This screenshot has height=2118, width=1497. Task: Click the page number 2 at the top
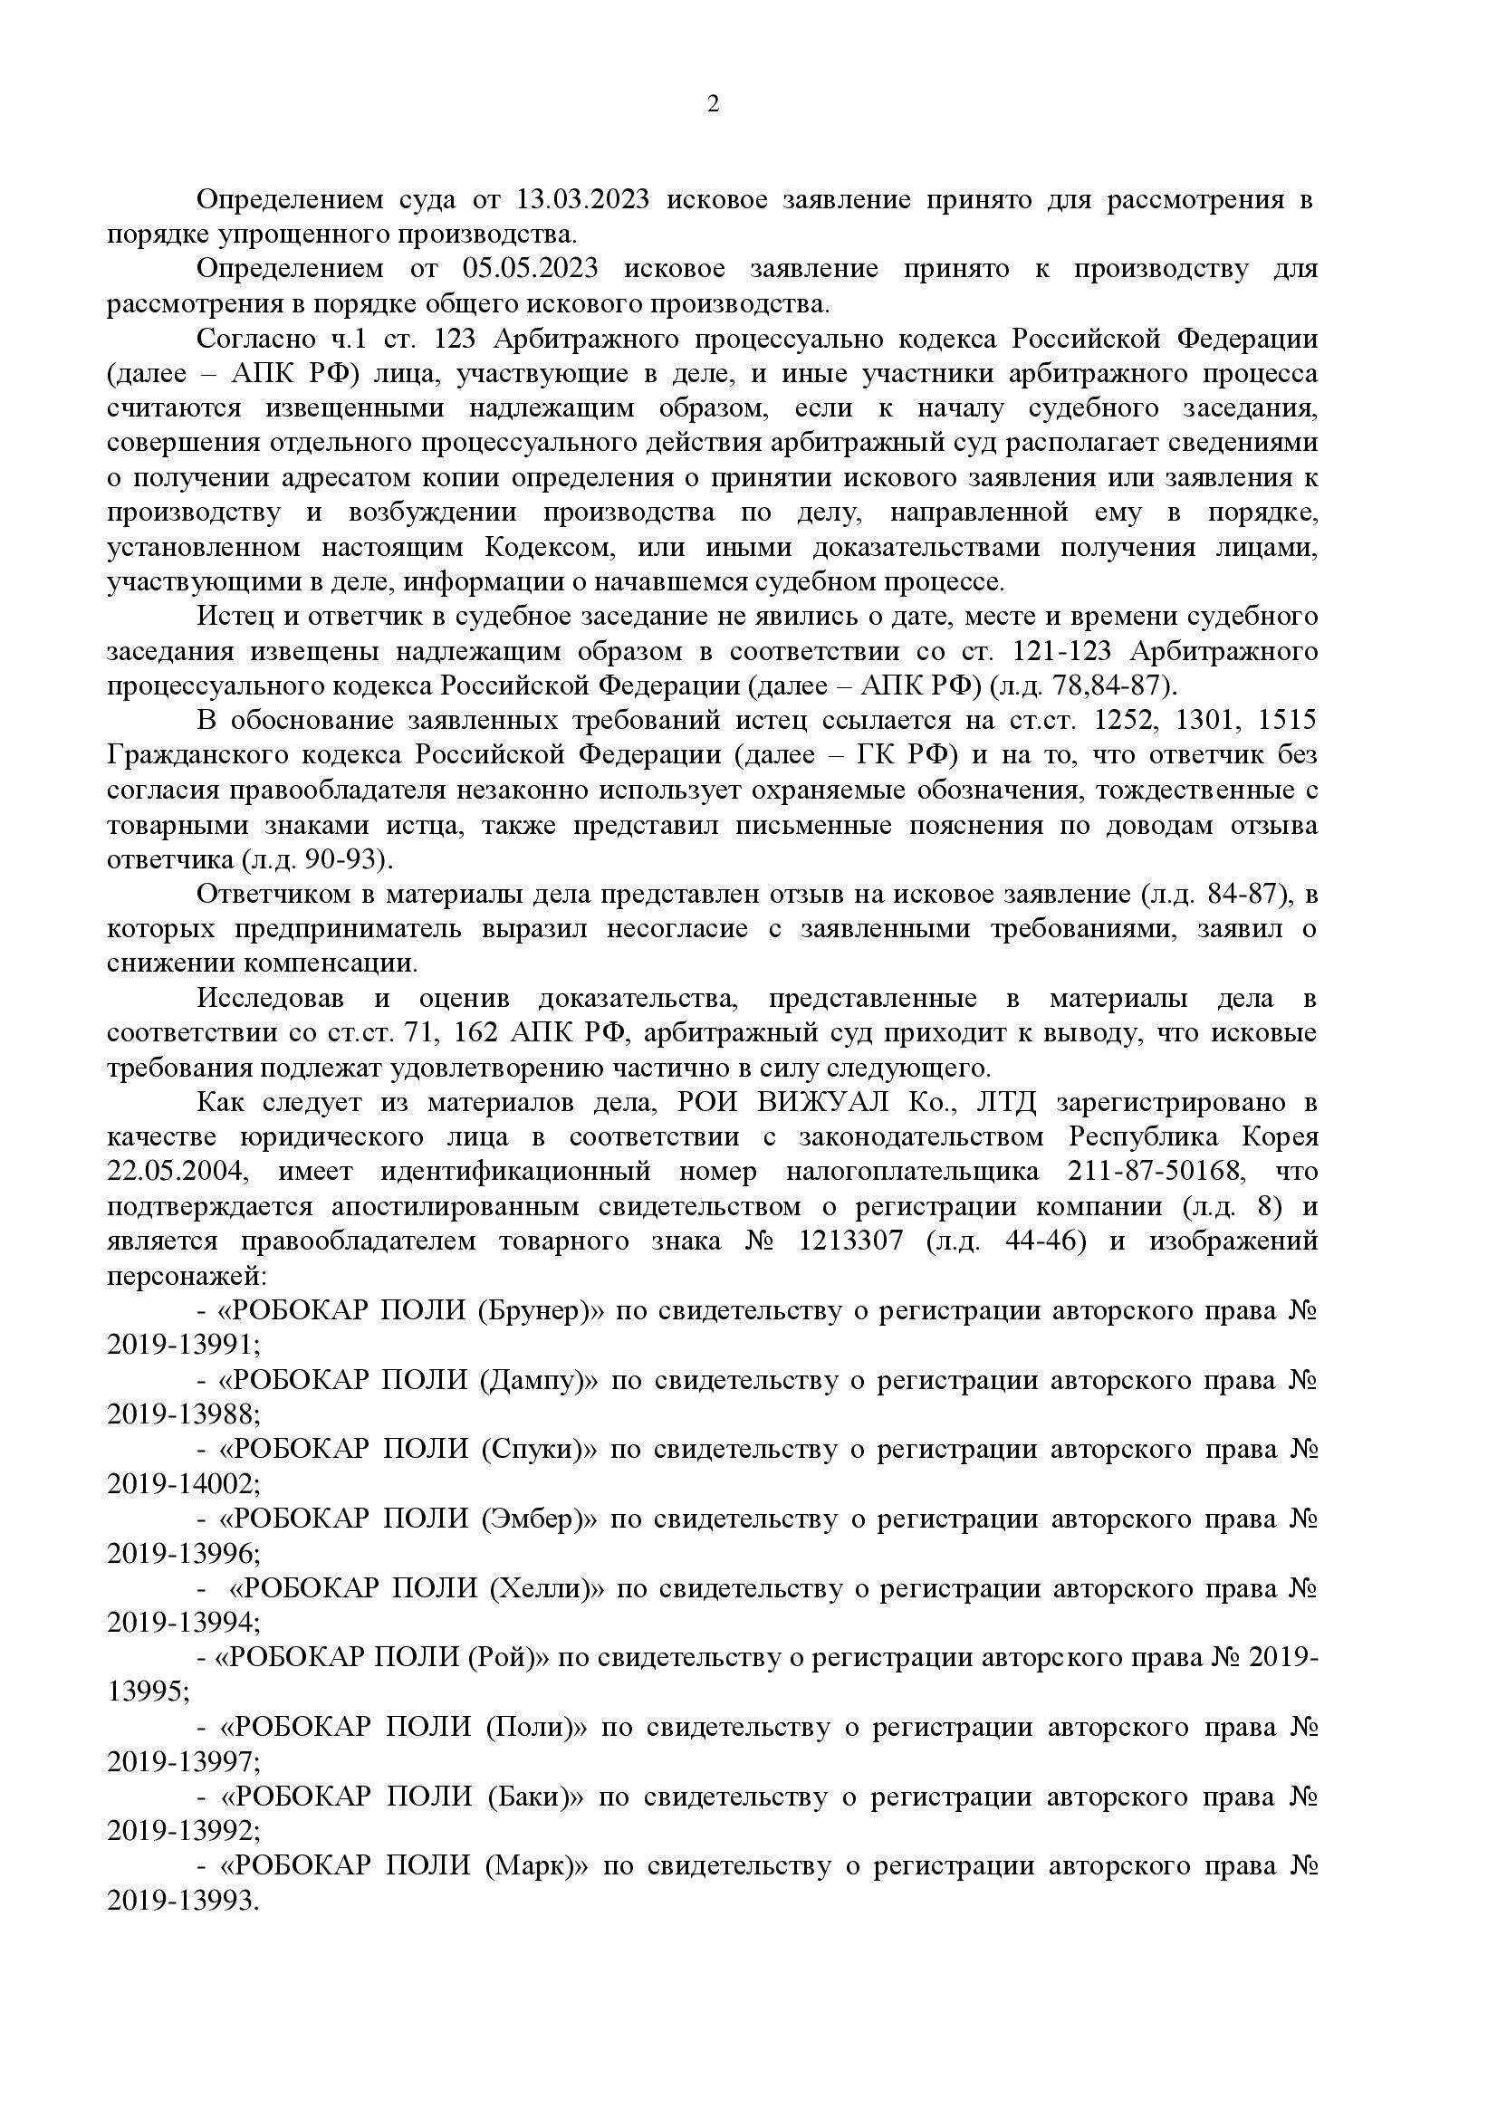712,103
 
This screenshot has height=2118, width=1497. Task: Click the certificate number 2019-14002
182,1484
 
